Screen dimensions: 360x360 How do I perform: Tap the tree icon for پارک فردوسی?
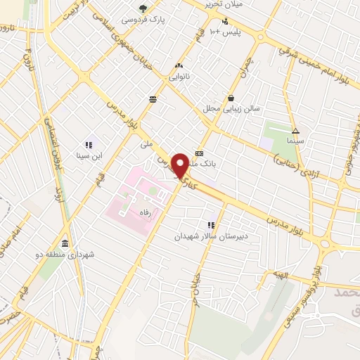click(x=143, y=8)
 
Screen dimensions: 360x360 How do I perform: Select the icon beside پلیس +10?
click(x=224, y=21)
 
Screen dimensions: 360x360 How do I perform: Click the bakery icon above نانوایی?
click(x=178, y=67)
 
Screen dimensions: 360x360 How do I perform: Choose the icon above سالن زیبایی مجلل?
click(x=231, y=98)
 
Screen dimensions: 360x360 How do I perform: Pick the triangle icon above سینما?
click(x=295, y=131)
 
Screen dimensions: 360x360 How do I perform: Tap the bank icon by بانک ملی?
click(x=200, y=153)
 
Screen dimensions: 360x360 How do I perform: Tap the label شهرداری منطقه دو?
click(x=66, y=252)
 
